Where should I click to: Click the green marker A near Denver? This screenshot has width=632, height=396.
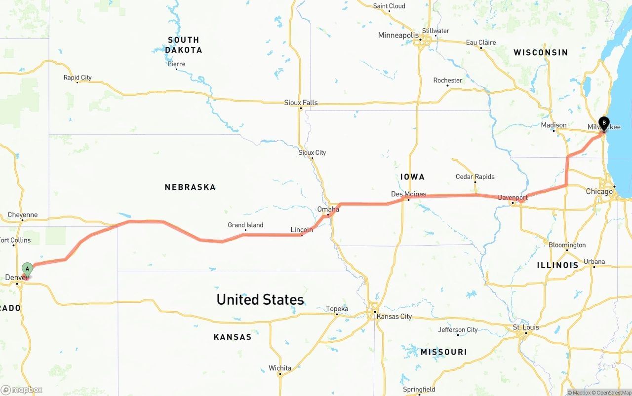pos(28,269)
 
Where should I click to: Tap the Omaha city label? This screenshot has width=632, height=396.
pos(328,209)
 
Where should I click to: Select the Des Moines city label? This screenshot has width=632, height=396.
pos(408,194)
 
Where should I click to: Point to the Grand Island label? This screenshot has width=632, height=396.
pos(245,225)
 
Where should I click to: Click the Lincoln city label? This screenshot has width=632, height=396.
pos(301,230)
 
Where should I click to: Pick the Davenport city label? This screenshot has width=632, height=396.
pos(513,198)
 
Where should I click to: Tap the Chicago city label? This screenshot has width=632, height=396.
pos(599,191)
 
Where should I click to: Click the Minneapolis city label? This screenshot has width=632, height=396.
pos(398,36)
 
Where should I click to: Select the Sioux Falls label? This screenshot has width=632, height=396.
pos(301,103)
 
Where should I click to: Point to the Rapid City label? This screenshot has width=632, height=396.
pos(78,77)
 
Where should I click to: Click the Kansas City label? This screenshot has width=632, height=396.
pos(394,317)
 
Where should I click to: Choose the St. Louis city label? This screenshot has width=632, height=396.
pos(526,327)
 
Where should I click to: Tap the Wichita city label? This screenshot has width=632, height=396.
pos(280,368)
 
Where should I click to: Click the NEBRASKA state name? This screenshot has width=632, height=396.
pos(190,187)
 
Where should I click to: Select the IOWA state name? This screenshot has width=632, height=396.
pos(412,177)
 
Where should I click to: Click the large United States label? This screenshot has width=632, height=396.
pos(260,300)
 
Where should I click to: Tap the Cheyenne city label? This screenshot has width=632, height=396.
pos(23,215)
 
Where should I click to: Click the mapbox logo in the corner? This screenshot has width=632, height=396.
pos(22,390)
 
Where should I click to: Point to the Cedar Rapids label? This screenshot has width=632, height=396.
pos(475,177)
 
